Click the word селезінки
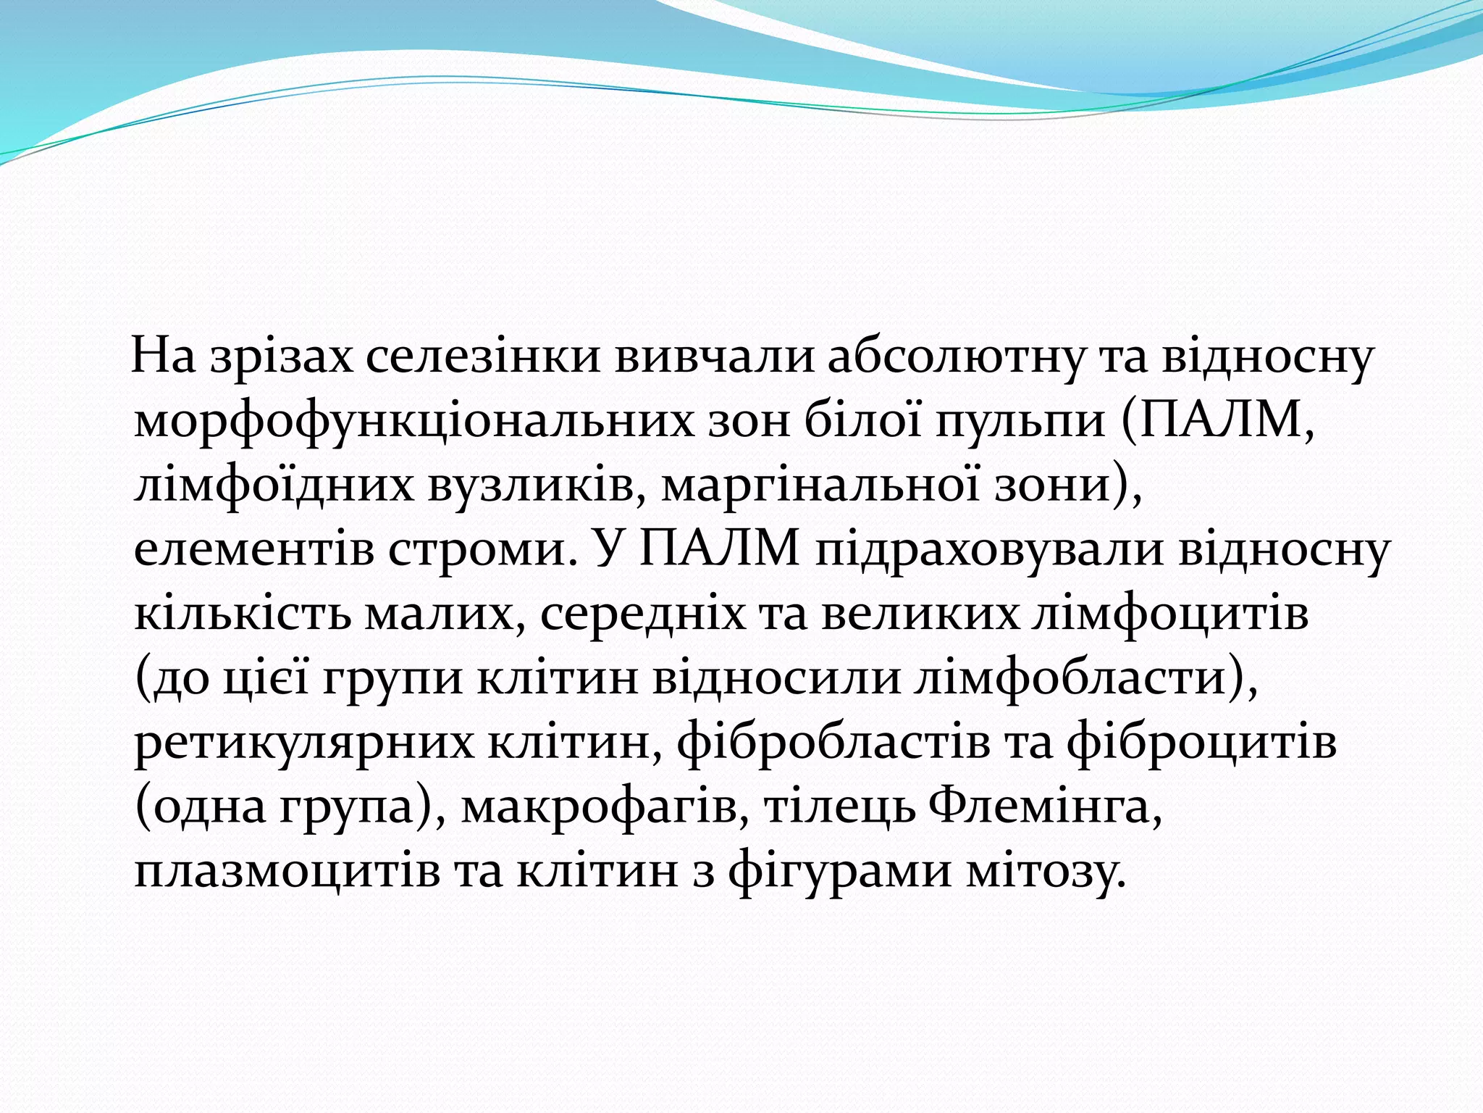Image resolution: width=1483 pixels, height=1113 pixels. tap(483, 357)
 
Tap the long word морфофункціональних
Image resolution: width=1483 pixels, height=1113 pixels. tap(413, 421)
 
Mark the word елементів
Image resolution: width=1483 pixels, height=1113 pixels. tap(254, 549)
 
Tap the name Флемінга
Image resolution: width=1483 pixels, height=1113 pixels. tap(1043, 805)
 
